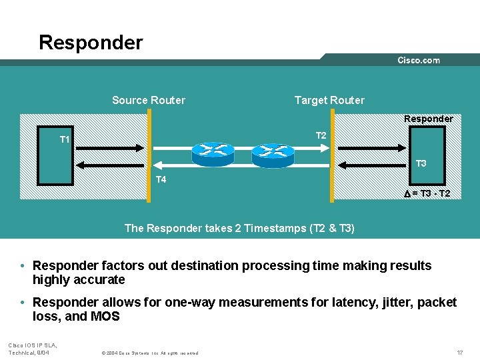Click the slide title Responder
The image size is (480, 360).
[91, 43]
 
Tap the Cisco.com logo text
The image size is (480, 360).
[419, 60]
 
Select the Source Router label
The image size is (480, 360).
[149, 100]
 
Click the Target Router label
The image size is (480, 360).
[329, 100]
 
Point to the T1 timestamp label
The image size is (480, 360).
[65, 139]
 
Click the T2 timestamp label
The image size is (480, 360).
[321, 135]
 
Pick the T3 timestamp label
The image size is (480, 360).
[421, 163]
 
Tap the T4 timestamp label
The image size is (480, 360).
[161, 179]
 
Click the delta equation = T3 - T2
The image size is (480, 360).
[427, 193]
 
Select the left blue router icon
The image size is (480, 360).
[213, 154]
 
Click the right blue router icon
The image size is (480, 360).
[273, 155]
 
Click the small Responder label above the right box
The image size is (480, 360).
[428, 119]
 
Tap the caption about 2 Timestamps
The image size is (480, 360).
[239, 228]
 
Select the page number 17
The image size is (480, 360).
[460, 351]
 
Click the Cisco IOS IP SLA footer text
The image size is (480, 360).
[33, 345]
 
